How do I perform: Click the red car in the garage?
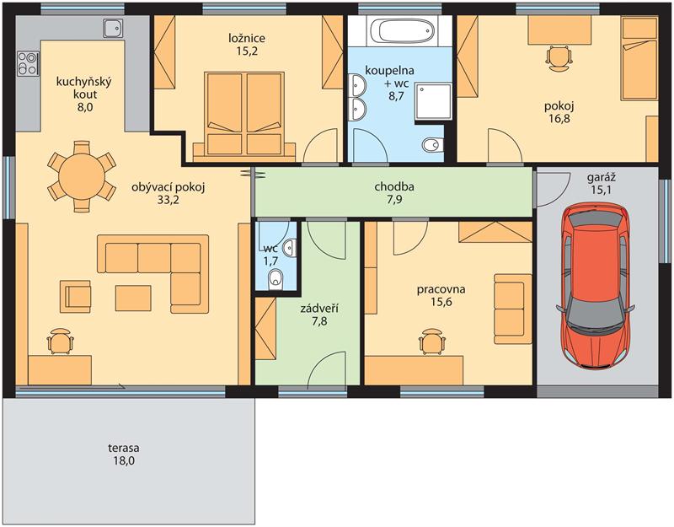(x=596, y=286)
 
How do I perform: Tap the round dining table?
(x=82, y=176)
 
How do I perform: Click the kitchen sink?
(x=113, y=28)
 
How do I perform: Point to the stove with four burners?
(x=28, y=63)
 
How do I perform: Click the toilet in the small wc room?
(x=275, y=280)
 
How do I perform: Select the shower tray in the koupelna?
(x=434, y=101)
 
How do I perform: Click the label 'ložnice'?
(x=247, y=38)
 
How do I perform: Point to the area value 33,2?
(x=168, y=200)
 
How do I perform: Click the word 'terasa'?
(x=124, y=449)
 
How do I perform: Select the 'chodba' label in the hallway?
(x=394, y=186)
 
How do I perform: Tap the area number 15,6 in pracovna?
(x=441, y=302)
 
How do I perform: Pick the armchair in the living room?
(x=76, y=297)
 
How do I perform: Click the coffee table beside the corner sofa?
(x=133, y=298)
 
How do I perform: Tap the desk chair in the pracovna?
(x=432, y=341)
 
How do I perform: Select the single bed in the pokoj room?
(x=640, y=60)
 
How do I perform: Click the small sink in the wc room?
(x=292, y=247)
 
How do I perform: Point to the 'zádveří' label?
(x=319, y=308)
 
